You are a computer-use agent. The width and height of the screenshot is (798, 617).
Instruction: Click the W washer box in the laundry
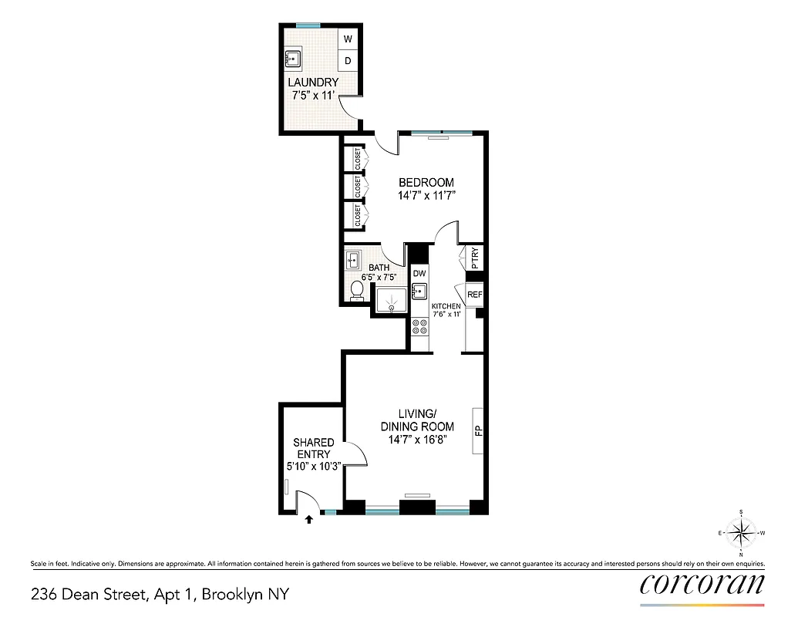[x=348, y=39]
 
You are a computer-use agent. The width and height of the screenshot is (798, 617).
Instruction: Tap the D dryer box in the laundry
[x=348, y=60]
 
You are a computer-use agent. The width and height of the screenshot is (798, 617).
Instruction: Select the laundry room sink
[x=293, y=57]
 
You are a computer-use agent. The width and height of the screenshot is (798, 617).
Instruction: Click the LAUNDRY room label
[x=313, y=83]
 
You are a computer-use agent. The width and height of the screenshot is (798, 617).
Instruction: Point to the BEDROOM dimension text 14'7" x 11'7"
[x=426, y=196]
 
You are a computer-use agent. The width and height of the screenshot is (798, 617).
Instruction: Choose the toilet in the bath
[x=357, y=289]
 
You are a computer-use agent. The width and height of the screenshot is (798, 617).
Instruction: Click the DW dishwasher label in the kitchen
[x=419, y=273]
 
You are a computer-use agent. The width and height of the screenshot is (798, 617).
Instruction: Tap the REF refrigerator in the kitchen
[x=474, y=295]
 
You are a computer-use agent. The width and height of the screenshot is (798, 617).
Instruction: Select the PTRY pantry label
[x=475, y=256]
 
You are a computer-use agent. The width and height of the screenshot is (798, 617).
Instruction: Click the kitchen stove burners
[x=420, y=326]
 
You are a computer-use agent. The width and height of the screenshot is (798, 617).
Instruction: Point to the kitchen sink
[x=419, y=292]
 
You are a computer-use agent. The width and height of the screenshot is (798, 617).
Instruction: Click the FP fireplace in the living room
[x=478, y=430]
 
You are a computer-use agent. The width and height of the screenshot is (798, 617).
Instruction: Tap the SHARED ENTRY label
[x=314, y=448]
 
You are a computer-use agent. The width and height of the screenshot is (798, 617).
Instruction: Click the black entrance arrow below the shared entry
[x=309, y=520]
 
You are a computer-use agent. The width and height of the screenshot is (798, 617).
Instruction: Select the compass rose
[x=741, y=532]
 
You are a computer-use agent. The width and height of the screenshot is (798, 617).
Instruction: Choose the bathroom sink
[x=354, y=259]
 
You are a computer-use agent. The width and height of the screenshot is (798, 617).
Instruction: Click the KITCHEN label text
[x=446, y=306]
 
